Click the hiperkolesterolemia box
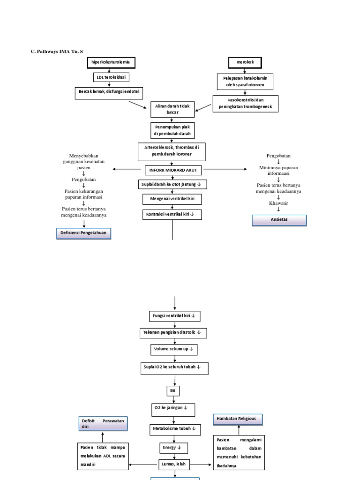click(111, 62)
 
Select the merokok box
click(245, 62)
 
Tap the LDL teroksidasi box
click(111, 77)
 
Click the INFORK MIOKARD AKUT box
click(173, 170)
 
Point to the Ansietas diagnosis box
click(279, 220)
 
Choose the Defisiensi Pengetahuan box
click(84, 233)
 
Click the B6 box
click(173, 390)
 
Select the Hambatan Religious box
click(237, 419)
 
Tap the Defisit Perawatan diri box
click(103, 424)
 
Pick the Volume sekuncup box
click(174, 350)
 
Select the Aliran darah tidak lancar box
click(172, 109)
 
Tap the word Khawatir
click(278, 203)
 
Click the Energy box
click(173, 448)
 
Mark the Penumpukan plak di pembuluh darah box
click(172, 130)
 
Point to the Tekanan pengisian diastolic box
click(174, 333)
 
